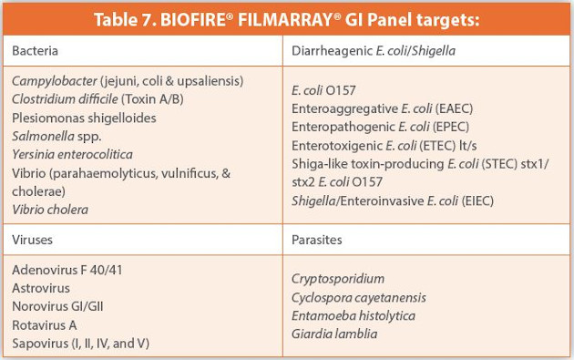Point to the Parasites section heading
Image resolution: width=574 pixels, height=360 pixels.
tap(318, 241)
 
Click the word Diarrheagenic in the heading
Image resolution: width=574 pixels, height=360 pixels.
tap(331, 52)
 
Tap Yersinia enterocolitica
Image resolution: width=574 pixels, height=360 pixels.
tap(72, 155)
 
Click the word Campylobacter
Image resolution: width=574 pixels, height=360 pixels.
tap(54, 82)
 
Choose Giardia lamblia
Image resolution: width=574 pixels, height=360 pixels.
tap(333, 334)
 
